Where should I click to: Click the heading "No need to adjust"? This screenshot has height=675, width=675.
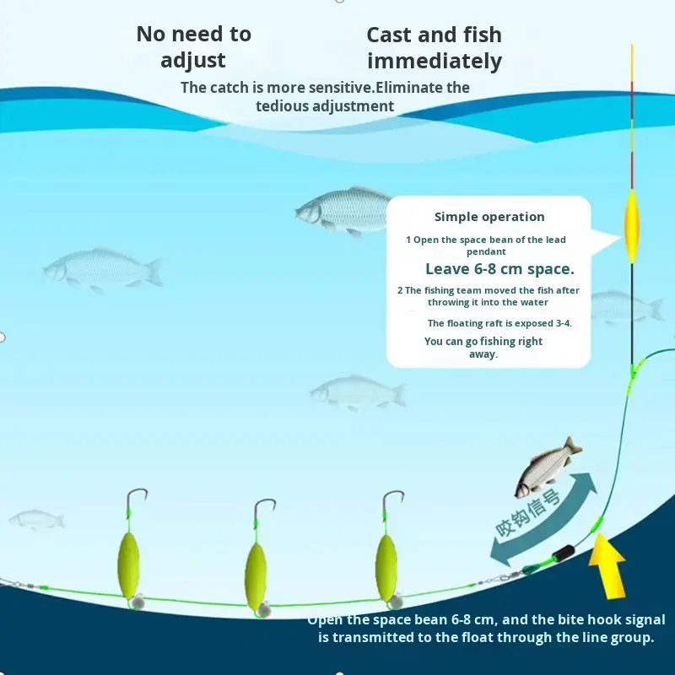click(193, 46)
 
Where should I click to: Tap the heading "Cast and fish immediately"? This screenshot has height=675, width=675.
click(434, 47)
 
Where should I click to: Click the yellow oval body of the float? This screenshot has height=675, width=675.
click(631, 226)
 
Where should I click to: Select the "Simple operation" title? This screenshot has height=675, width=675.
click(489, 217)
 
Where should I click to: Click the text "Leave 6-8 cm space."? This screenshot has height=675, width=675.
click(499, 269)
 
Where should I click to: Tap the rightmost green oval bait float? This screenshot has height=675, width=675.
click(386, 556)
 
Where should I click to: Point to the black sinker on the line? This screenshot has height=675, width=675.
click(559, 558)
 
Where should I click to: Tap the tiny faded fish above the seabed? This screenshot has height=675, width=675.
click(36, 518)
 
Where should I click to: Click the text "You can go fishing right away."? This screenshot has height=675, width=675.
click(483, 348)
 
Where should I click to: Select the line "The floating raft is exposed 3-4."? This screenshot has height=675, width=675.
click(499, 323)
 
